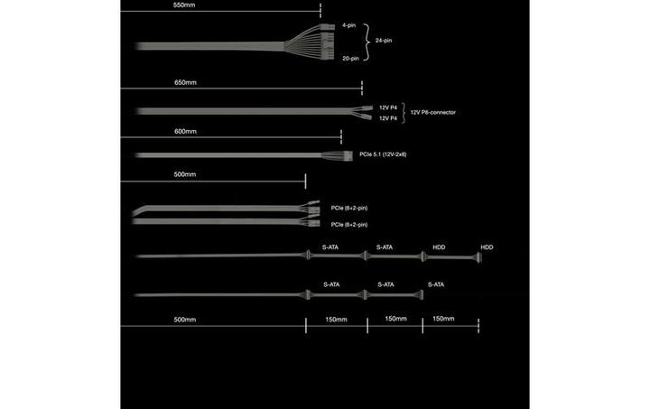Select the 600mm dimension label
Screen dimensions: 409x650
coord(184,132)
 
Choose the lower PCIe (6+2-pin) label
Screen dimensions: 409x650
coord(348,224)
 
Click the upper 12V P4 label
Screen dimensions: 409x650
coord(387,107)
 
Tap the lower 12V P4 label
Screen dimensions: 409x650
coord(387,118)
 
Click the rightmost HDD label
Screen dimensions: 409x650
coord(487,247)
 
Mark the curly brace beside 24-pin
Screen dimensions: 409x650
coord(367,42)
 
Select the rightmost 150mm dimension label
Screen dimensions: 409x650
coord(443,320)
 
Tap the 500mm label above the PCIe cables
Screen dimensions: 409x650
coord(184,173)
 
